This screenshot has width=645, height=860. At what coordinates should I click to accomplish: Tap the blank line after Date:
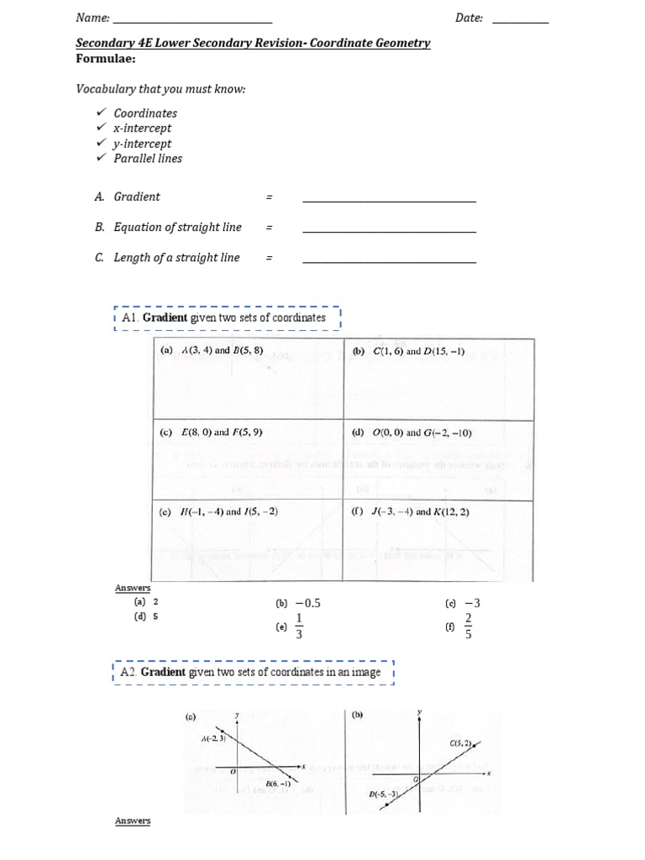coord(520,22)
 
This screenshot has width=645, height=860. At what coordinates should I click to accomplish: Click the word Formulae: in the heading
coord(106,59)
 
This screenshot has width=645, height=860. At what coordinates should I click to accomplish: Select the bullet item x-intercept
coord(143,128)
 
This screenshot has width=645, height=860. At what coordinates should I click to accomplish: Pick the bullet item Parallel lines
coord(148,159)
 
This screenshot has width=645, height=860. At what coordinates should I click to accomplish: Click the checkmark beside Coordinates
coord(101,113)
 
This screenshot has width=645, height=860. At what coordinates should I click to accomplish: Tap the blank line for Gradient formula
coord(389,202)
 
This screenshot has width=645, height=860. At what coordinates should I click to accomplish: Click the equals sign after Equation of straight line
coord(270,228)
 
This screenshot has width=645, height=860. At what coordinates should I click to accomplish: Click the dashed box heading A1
coord(227,319)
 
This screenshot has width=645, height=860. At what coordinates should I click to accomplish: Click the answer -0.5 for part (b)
coord(307,603)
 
